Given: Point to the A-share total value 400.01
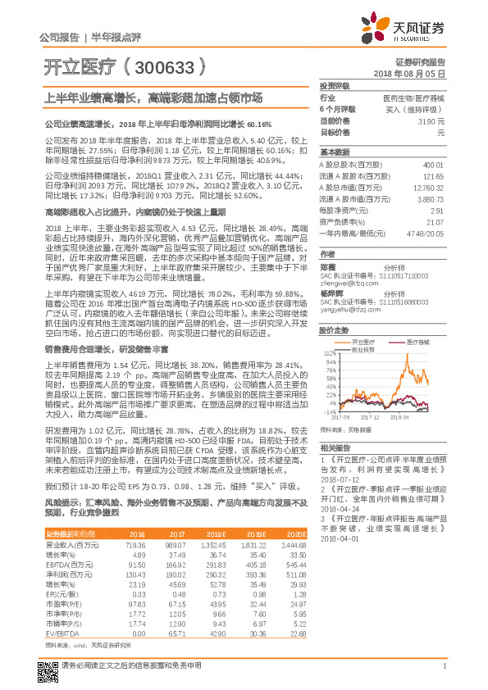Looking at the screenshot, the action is [x=432, y=165].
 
